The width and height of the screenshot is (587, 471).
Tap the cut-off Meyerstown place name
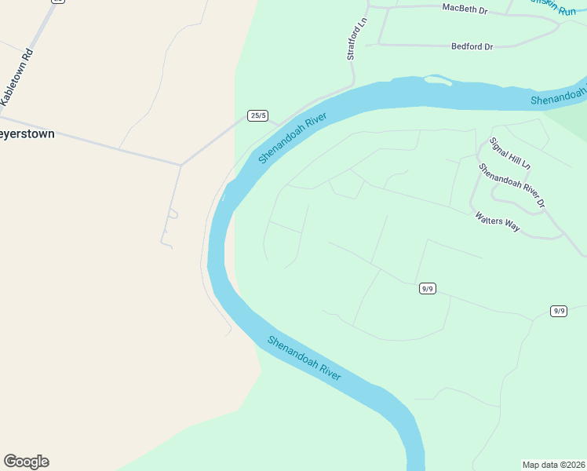(27, 134)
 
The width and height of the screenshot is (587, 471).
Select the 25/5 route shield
(257, 115)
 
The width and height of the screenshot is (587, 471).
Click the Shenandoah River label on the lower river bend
(304, 358)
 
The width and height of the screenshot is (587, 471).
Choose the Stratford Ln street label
(352, 44)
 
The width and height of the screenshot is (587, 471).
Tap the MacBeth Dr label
(465, 9)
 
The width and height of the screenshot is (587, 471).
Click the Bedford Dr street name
(472, 47)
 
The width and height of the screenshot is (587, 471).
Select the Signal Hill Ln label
(510, 154)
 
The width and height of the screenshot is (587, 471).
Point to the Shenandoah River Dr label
(512, 185)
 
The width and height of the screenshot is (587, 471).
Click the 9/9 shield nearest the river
(427, 288)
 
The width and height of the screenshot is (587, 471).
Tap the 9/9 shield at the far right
(559, 311)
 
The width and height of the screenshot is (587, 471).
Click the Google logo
(26, 462)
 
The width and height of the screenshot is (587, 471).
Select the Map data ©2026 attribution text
(553, 464)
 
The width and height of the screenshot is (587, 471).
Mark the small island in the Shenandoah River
(437, 79)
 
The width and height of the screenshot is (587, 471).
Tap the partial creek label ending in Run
(552, 9)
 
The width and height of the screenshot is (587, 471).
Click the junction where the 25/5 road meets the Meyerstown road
(182, 165)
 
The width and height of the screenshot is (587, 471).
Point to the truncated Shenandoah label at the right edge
(558, 99)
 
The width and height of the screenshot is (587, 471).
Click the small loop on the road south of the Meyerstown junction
(173, 214)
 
